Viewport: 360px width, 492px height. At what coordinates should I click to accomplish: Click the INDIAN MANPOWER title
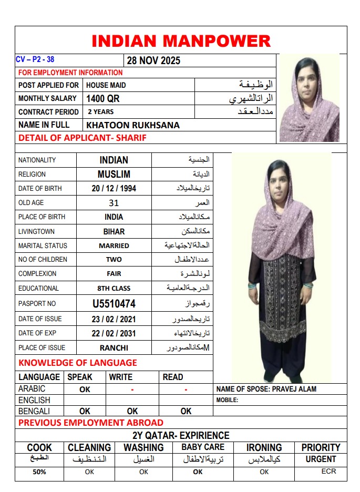click(x=181, y=41)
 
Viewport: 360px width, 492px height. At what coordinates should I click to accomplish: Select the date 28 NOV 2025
click(x=153, y=60)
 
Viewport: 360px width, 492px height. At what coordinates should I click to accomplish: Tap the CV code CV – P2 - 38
click(x=35, y=59)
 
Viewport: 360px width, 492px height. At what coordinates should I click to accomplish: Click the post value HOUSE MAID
click(x=106, y=85)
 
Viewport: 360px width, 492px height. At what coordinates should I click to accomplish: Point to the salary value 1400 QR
click(x=103, y=98)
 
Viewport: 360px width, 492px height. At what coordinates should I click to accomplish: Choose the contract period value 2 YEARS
click(x=100, y=112)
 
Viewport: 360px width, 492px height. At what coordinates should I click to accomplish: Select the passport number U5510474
click(x=114, y=304)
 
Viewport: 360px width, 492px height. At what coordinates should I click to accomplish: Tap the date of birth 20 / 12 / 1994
click(x=114, y=188)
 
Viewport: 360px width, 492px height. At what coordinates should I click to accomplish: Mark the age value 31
click(x=114, y=203)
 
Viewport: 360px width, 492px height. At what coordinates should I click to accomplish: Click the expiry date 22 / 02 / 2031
click(x=114, y=333)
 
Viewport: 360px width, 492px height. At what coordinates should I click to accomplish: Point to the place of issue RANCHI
click(x=114, y=347)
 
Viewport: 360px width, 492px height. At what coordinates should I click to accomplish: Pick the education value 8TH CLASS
click(x=114, y=288)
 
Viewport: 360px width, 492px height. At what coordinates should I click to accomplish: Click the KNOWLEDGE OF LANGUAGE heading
click(x=78, y=363)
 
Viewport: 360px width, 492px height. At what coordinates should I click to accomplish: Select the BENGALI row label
click(x=34, y=411)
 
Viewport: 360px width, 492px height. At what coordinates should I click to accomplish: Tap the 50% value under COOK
click(x=39, y=472)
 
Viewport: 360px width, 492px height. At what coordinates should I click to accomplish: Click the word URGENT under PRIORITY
click(x=321, y=459)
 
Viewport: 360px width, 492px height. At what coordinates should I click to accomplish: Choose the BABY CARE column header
click(x=203, y=447)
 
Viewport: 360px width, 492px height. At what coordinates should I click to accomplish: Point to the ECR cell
click(x=328, y=471)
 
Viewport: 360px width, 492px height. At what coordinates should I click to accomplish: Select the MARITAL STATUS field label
click(x=43, y=245)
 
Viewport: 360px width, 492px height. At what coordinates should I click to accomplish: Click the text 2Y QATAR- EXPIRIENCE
click(x=181, y=435)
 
